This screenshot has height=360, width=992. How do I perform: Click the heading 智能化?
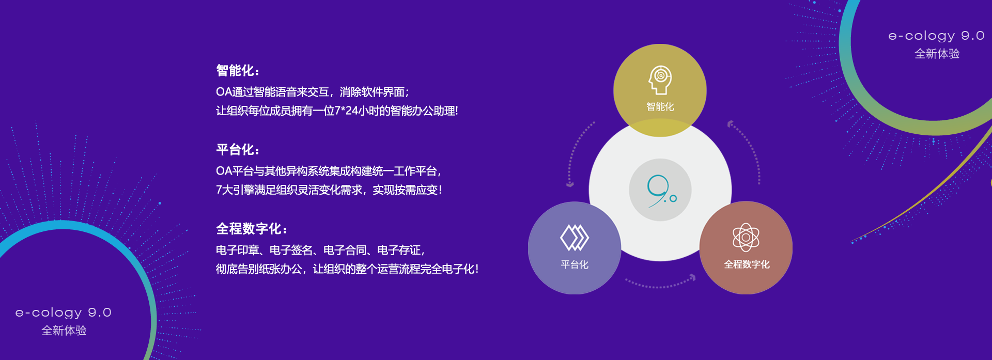coord(238,71)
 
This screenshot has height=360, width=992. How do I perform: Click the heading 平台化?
coord(238,150)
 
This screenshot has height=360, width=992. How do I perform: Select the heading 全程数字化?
coord(252,229)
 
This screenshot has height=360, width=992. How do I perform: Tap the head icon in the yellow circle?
coord(660,80)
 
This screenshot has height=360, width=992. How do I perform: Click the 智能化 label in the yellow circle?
coord(660,107)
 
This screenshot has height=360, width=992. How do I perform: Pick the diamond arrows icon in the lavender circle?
coord(575,238)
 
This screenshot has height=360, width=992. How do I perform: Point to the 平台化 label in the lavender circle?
coord(575,265)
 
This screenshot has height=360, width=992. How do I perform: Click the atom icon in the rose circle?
coord(746,238)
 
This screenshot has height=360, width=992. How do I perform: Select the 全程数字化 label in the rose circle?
coord(747,264)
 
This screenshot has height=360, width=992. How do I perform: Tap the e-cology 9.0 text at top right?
coord(936,36)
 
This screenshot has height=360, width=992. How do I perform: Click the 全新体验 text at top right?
coord(937,54)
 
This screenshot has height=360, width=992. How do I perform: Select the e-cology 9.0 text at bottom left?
coord(64,312)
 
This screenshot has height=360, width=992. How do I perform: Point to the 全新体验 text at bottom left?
coord(64,331)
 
